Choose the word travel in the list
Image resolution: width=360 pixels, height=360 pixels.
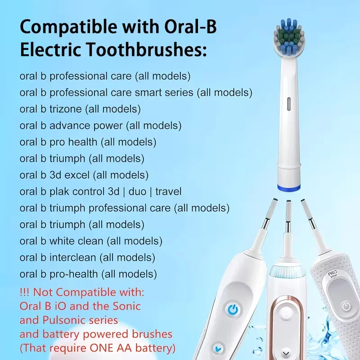point(168,192)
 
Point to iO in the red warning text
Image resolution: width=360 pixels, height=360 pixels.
point(60,306)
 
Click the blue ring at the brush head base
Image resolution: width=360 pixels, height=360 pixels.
point(287,185)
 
